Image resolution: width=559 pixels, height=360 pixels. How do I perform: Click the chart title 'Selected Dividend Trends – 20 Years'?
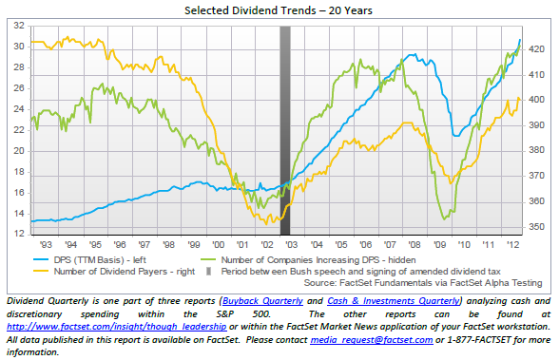[279, 10]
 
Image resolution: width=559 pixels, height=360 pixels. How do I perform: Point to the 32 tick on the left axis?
[19, 26]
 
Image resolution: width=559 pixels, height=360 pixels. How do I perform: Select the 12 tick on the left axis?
[19, 234]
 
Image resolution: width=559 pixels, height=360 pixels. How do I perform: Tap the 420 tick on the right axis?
[536, 49]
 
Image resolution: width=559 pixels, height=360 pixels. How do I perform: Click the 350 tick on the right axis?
[536, 227]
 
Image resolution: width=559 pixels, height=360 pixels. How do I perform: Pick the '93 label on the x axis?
[46, 245]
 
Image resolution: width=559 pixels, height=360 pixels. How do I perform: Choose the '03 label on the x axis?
[291, 245]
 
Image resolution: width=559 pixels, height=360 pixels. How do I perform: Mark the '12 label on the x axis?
[512, 245]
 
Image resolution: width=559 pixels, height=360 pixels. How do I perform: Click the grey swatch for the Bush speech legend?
[209, 272]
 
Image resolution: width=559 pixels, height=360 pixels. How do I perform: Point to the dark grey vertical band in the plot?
[285, 130]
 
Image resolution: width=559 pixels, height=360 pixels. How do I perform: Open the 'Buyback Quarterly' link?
[262, 301]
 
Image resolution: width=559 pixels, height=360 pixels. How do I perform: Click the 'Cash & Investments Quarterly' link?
[394, 301]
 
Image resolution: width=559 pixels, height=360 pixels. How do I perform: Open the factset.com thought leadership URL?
[117, 327]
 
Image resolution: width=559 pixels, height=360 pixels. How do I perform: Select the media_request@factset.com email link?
[372, 340]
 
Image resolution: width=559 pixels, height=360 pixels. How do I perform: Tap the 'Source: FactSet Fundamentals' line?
[423, 283]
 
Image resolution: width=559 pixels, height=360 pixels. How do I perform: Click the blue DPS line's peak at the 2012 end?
[520, 40]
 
